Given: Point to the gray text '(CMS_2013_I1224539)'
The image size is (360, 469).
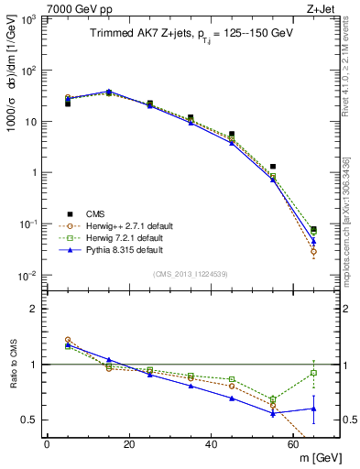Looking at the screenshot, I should pyautogui.click(x=190, y=273).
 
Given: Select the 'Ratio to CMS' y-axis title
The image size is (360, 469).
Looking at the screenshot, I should pyautogui.click(x=16, y=365).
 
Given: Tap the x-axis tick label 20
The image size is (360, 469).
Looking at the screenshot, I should pyautogui.click(x=129, y=444).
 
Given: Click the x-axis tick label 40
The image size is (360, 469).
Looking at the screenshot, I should pyautogui.click(x=212, y=444).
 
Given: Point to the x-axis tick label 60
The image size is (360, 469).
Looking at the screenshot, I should pyautogui.click(x=294, y=444).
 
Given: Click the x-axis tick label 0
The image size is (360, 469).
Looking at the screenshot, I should pyautogui.click(x=47, y=444).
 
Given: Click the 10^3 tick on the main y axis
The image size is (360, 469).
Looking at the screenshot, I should pyautogui.click(x=28, y=19).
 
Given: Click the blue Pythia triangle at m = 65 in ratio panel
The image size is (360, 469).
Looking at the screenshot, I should pyautogui.click(x=314, y=409).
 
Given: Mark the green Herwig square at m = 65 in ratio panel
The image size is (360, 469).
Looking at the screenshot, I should pyautogui.click(x=314, y=373).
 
